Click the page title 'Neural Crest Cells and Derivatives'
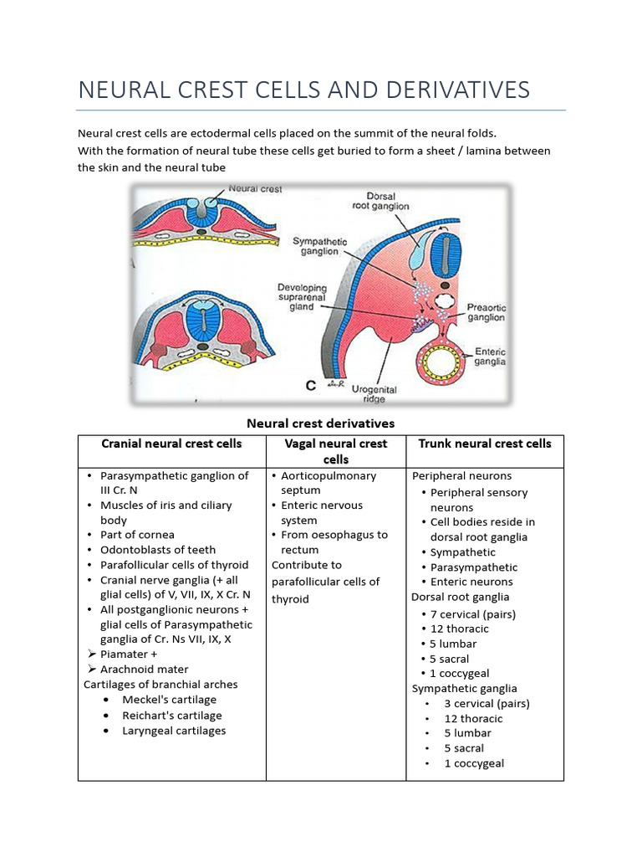point(303,90)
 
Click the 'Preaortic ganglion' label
point(486,312)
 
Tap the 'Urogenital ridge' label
point(374,394)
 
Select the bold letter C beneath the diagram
point(311,386)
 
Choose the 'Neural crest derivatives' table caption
point(320,423)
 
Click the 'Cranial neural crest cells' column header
point(171,444)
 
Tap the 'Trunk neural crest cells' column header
point(485,444)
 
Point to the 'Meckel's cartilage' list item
point(169,700)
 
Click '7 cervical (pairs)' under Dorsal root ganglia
point(472,614)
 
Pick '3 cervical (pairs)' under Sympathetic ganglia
point(487,704)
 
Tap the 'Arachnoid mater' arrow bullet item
point(144,670)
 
